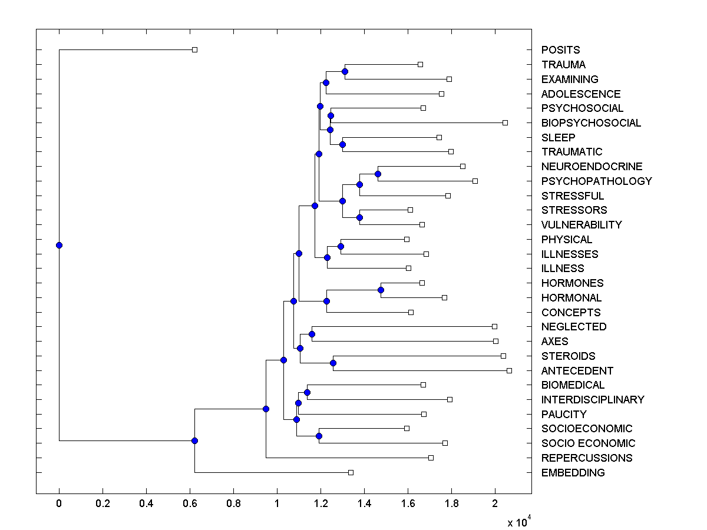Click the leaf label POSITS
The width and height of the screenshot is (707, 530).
pos(560,50)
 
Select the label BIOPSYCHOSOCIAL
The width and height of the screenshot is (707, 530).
pos(591,123)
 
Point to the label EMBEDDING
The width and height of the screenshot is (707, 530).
pos(573,473)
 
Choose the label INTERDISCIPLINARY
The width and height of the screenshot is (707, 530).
pos(593,400)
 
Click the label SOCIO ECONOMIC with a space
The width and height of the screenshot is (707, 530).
pos(588,443)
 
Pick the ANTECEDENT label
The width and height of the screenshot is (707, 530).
pos(577,371)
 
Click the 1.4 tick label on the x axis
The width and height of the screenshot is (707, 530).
pos(364,504)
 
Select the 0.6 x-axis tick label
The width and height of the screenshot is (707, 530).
pos(190,504)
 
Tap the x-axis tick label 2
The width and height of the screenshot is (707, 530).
pos(495,504)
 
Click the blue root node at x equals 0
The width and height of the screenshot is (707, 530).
pos(59,245)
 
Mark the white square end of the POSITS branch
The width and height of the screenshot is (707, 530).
pos(194,50)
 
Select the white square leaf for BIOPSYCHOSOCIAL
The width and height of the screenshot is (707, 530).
pos(505,122)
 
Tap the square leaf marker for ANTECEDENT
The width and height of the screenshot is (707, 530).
pos(509,370)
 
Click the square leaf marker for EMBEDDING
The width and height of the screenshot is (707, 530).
pos(351,472)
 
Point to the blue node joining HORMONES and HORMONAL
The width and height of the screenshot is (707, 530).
pos(381,290)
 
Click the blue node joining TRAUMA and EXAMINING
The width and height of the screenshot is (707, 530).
pos(345,71)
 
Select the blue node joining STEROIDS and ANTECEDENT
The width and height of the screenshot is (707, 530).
pos(333,363)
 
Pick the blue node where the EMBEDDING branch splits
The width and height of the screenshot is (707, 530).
pos(194,440)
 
